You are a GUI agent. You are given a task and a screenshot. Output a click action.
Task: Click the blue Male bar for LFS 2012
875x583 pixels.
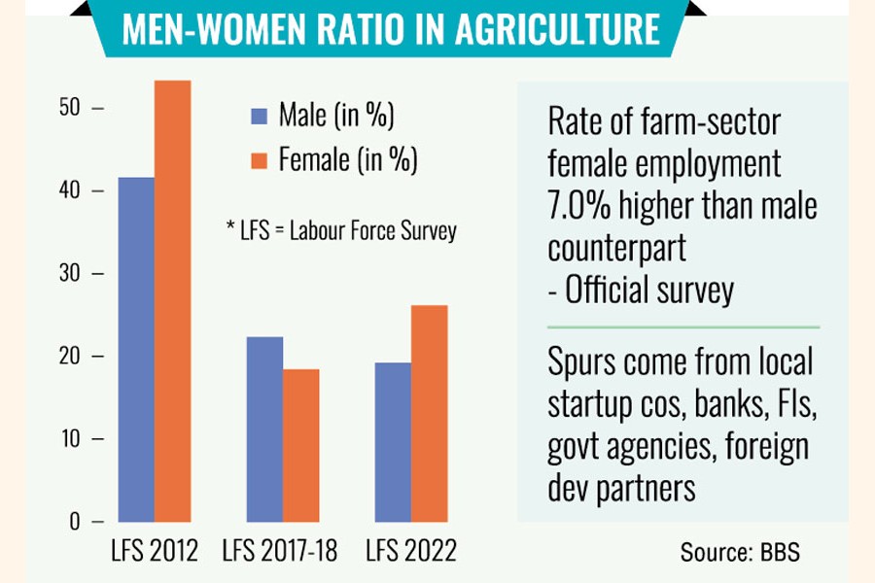(x=136, y=350)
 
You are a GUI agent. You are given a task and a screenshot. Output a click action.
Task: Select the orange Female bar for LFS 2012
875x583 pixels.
(x=172, y=301)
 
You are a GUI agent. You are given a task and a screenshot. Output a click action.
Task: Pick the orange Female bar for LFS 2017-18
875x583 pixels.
(x=300, y=445)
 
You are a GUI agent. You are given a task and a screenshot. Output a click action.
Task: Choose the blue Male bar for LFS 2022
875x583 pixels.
(x=392, y=442)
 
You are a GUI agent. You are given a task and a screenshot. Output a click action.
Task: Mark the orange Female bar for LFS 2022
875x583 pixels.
(x=429, y=413)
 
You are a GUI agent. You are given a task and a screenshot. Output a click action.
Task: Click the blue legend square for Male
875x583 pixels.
(x=260, y=117)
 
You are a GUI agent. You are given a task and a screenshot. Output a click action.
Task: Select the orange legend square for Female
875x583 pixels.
(x=260, y=160)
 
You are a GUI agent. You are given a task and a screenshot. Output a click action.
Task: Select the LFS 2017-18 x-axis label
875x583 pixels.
(x=279, y=552)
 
